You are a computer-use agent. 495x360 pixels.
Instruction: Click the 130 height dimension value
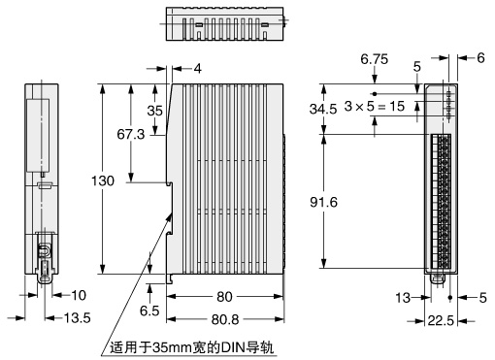[x=103, y=180]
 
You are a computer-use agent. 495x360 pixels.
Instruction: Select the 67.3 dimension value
[x=131, y=134]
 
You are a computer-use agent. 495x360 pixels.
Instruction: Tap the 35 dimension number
[x=154, y=111]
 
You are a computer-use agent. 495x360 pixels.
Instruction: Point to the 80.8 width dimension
[x=225, y=319]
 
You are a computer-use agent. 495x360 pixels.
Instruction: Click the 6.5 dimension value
[x=149, y=311]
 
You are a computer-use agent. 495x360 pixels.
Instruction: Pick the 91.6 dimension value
[x=323, y=202]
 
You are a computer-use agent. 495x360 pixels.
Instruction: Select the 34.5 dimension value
[x=323, y=109]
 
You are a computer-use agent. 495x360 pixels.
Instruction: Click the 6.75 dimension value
[x=375, y=59]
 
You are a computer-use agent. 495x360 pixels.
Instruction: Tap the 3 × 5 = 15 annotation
[x=375, y=106]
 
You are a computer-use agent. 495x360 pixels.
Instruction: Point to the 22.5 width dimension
[x=441, y=321]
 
